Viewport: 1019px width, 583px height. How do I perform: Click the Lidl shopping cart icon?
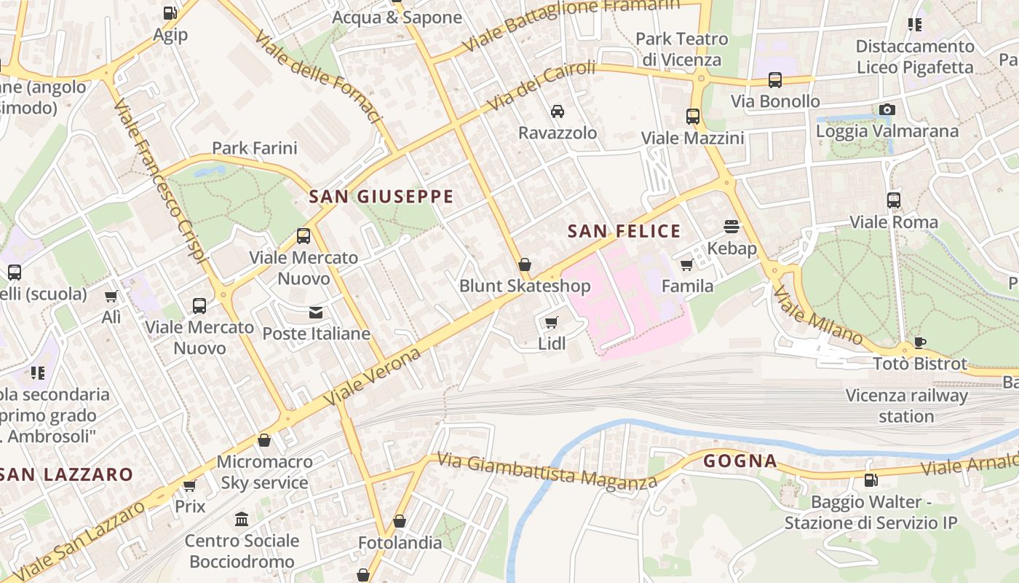point(552,322)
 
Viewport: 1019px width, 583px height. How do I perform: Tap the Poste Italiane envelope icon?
point(316,313)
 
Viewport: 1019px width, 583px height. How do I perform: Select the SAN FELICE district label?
point(624,232)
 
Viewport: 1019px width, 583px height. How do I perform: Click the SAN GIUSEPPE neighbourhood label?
point(381,197)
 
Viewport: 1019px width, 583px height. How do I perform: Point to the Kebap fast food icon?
point(731,227)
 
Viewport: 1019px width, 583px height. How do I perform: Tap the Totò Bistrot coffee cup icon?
point(920,343)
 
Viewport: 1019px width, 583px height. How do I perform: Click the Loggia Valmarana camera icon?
point(887,110)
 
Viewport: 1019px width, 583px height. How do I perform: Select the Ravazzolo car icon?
point(558,111)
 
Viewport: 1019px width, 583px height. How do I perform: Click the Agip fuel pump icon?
point(170,13)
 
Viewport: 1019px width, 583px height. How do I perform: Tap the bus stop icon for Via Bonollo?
point(775,80)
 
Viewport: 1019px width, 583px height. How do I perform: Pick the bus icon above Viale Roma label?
point(894,200)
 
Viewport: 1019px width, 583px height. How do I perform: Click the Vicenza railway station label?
point(906,406)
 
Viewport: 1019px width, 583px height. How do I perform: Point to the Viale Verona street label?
point(372,377)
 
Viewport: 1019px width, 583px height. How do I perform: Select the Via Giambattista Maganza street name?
point(546,472)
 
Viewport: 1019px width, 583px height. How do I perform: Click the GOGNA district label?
point(740,461)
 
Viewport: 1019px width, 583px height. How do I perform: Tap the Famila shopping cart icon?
point(686,265)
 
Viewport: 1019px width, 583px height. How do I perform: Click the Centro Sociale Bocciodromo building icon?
point(242,520)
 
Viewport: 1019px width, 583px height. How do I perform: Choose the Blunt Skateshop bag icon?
point(524,265)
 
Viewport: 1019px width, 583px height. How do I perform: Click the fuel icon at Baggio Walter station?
point(870,480)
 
